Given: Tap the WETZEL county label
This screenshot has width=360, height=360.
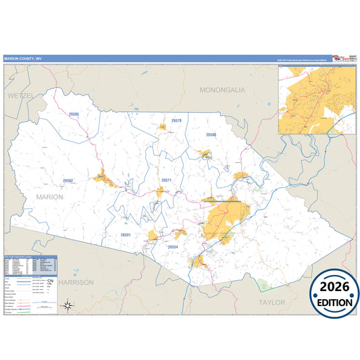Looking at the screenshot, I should [x=20, y=97].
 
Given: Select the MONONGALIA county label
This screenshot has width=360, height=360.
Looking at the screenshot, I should [x=222, y=89].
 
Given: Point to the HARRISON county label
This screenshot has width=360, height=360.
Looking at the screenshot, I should [x=76, y=282].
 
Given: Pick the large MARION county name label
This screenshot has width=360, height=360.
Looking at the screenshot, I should [x=45, y=197].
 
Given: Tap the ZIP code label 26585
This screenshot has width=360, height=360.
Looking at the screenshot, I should [x=74, y=114].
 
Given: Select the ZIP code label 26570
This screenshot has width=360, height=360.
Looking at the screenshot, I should [x=176, y=120].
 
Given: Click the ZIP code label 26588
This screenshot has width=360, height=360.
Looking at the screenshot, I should [x=211, y=135].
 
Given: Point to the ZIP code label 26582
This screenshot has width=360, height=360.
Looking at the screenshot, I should [x=68, y=180].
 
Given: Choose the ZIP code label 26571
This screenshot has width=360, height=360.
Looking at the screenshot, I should [x=166, y=180].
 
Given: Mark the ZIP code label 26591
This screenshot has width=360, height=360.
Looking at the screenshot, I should [x=126, y=234].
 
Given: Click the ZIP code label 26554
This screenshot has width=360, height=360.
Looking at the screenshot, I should [x=173, y=247].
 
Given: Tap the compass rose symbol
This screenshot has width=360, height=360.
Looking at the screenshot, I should [x=68, y=306].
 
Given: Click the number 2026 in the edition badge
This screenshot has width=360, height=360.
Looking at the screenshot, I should [x=334, y=287].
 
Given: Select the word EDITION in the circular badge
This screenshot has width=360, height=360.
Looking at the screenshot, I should [x=334, y=303].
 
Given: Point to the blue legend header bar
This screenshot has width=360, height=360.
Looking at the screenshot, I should [x=32, y=257].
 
